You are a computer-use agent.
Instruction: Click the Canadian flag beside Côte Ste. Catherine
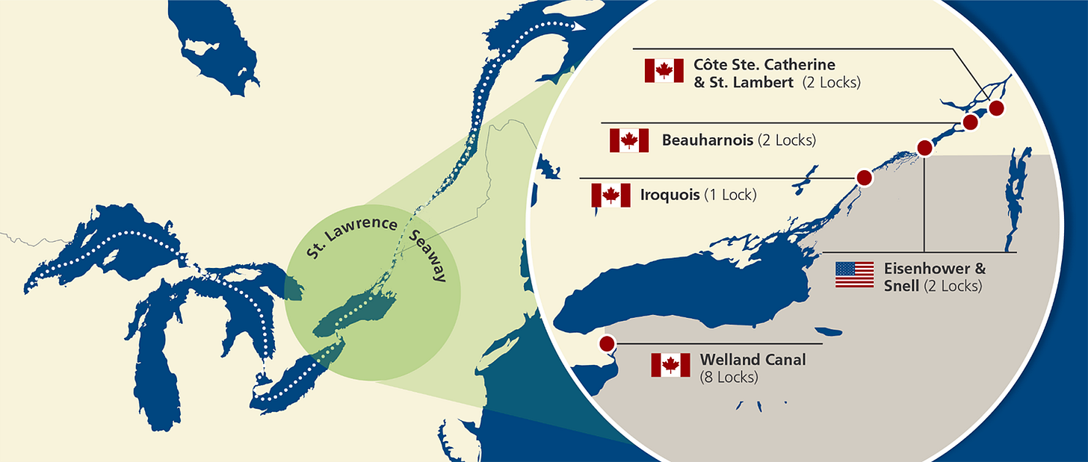tap(664, 71)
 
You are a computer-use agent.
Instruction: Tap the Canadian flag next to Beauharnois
tap(629, 140)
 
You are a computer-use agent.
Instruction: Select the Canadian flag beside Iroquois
tap(611, 196)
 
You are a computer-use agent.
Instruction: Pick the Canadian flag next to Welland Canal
tap(670, 365)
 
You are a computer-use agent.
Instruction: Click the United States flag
tap(854, 275)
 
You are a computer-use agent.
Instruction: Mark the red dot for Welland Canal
tap(607, 343)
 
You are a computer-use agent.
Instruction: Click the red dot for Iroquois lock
tap(864, 178)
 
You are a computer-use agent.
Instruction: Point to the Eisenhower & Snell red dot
tap(924, 148)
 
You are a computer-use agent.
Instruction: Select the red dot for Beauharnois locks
tap(970, 122)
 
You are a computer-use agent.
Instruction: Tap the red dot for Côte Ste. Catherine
tap(995, 108)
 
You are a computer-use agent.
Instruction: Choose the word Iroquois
tap(670, 196)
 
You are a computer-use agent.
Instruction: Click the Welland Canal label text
tap(753, 360)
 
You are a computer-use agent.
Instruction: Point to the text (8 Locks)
tap(729, 378)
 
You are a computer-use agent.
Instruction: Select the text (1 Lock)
tap(731, 196)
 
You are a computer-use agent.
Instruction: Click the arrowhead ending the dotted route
tap(579, 26)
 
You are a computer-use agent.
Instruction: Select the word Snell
tap(902, 286)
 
